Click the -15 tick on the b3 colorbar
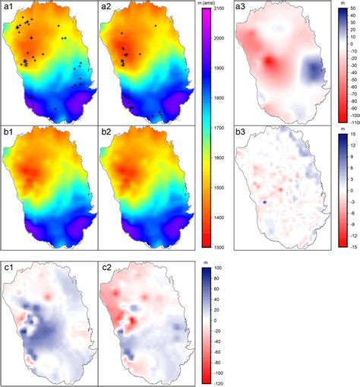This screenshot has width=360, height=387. point(349,225)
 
